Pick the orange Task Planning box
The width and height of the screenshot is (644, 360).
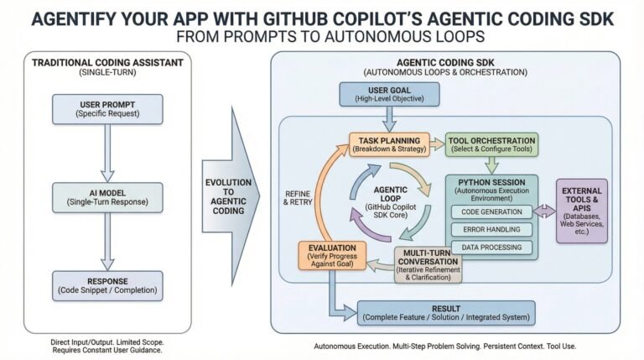(x=389, y=143)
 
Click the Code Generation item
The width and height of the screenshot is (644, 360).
(x=491, y=211)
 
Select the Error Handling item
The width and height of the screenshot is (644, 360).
(x=491, y=229)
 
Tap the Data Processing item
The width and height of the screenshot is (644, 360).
(x=491, y=247)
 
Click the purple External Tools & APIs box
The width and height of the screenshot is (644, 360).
(x=582, y=211)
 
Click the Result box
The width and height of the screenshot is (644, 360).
(x=446, y=313)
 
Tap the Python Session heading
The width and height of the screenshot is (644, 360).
(x=491, y=181)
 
